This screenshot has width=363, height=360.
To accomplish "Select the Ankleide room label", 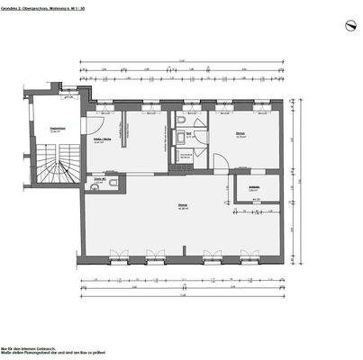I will [255, 187].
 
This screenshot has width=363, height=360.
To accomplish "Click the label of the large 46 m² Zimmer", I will [183, 208].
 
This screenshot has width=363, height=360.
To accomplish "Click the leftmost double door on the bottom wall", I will [115, 254].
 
